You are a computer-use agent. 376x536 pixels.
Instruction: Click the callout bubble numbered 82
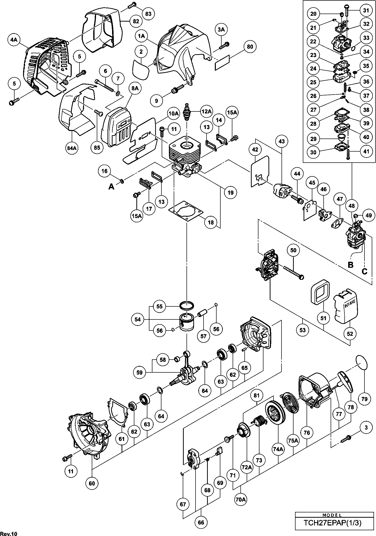click(136, 21)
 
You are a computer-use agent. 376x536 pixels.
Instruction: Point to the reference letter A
click(111, 186)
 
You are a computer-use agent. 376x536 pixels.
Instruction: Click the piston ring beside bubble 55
click(187, 306)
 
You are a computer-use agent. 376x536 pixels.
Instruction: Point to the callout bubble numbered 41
click(366, 152)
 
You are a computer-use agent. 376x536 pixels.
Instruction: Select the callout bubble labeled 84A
click(71, 148)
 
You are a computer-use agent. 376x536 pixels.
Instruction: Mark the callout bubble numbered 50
click(293, 250)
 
